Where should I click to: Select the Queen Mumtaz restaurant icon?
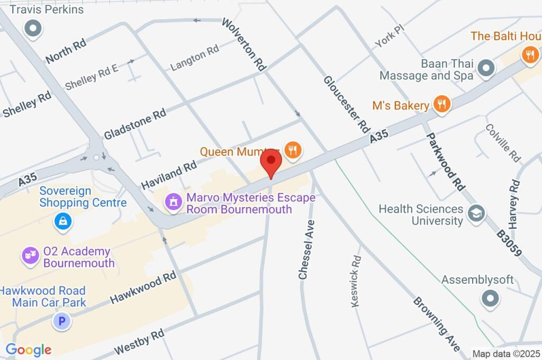292,150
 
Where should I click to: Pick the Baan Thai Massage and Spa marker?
485,68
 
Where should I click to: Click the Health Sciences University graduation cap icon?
476,214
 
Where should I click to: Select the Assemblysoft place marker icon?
490,299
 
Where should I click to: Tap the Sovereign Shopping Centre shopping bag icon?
62,221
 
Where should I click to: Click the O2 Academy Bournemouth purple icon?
30,256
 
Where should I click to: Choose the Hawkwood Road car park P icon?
62,320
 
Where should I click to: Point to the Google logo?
29,349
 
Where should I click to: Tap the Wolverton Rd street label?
243,44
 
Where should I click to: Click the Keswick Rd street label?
356,281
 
